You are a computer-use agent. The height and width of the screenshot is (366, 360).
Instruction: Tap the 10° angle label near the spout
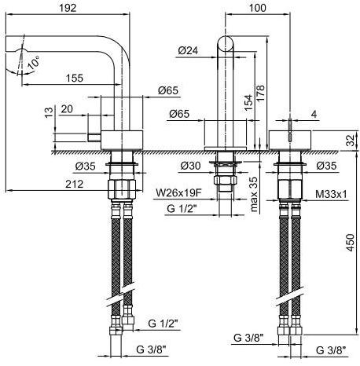31,60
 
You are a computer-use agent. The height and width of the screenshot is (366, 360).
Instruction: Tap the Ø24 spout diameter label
188,50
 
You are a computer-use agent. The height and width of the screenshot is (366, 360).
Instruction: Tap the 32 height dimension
350,141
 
